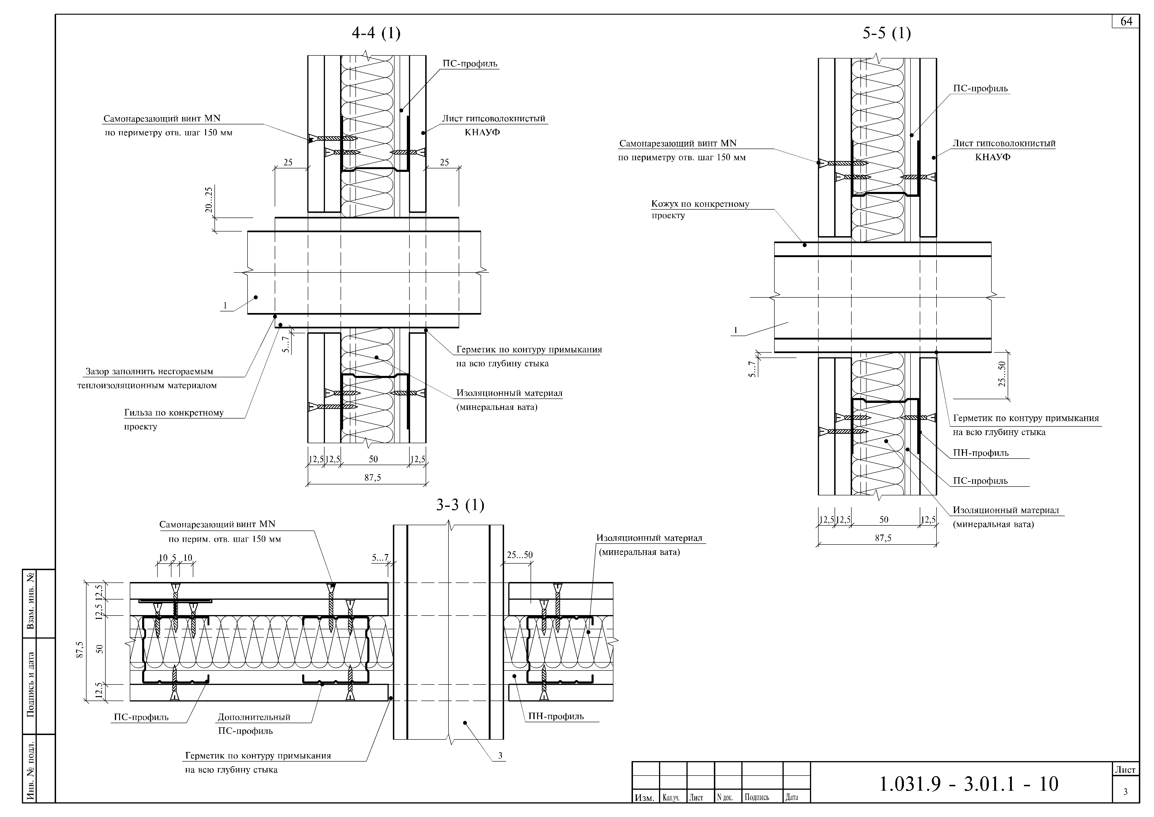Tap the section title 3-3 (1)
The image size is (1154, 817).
(460, 505)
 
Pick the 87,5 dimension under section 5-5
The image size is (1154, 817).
(883, 538)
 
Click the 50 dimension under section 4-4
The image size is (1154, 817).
(373, 459)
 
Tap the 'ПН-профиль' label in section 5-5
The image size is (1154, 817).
(981, 453)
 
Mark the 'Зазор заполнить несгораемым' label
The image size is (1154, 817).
(149, 372)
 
